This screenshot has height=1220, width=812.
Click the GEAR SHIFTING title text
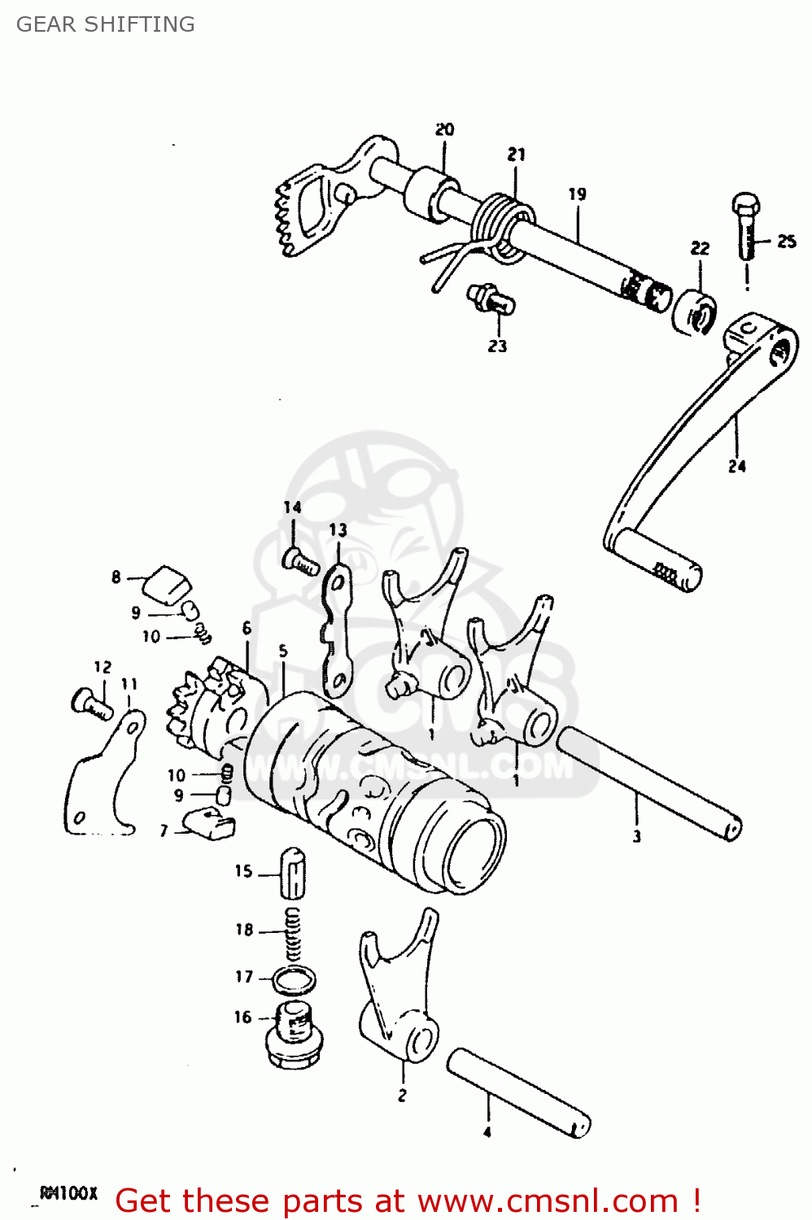[x=106, y=24]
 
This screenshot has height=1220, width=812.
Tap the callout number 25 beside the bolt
[x=786, y=241]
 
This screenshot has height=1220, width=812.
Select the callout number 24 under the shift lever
[x=736, y=466]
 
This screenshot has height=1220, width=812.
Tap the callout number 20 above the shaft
[x=444, y=129]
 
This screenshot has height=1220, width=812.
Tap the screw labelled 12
[x=91, y=703]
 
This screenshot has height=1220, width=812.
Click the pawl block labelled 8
[x=167, y=585]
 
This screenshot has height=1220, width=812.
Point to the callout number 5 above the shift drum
[x=282, y=651]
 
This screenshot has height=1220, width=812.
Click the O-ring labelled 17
[x=294, y=980]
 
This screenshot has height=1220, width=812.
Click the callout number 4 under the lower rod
[x=487, y=1131]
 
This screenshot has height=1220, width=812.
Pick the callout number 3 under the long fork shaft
[x=636, y=835]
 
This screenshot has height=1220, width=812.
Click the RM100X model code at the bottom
[x=69, y=1193]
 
